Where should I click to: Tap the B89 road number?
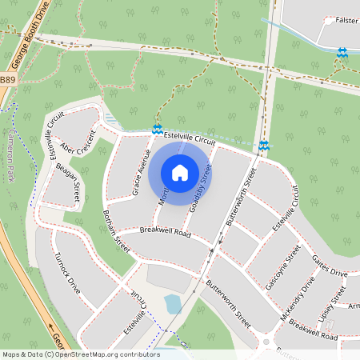7,80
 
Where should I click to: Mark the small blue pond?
172,304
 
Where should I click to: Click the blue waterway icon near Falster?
342,53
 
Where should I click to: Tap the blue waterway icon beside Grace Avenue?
157,129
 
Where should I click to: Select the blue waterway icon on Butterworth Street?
263,146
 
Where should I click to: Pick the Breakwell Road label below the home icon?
165,232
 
